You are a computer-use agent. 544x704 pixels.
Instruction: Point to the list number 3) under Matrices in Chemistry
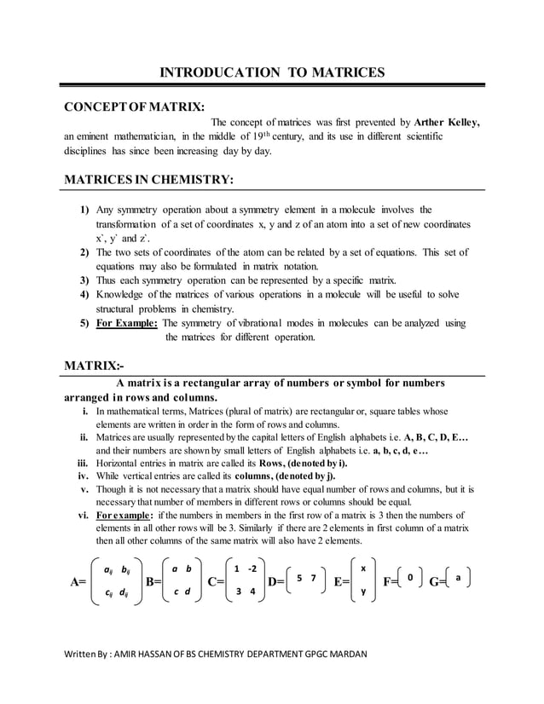point(85,280)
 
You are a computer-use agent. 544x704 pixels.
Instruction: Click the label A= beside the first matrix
point(77,583)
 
